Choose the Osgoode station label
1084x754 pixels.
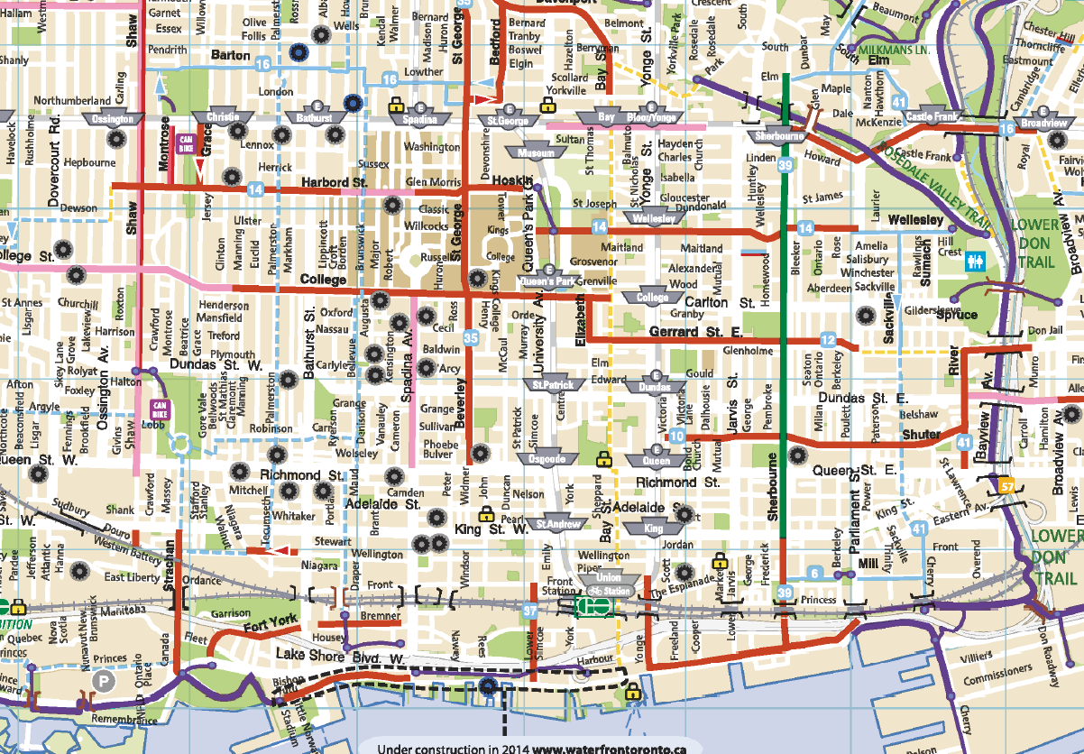(x=546, y=458)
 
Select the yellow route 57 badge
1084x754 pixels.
(x=1007, y=486)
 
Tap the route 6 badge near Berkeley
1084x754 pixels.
(x=814, y=573)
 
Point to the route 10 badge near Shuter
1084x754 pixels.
(x=677, y=437)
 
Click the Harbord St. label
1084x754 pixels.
(x=335, y=182)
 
